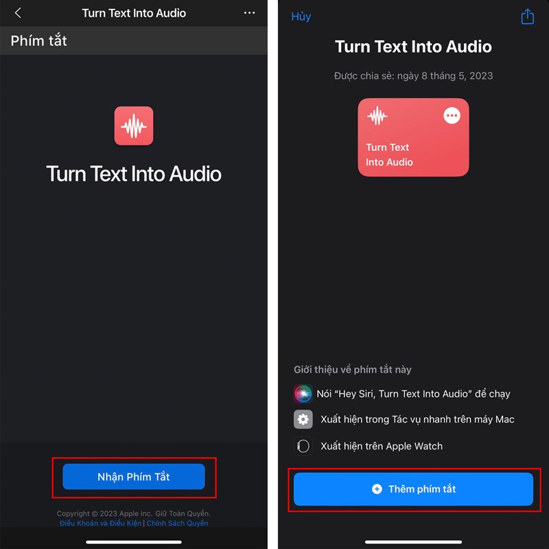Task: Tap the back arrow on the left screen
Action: click(x=18, y=13)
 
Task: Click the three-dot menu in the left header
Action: click(x=249, y=13)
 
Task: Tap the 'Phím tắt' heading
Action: click(x=39, y=40)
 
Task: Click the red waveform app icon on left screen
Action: click(x=134, y=126)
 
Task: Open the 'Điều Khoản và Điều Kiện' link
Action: click(x=100, y=523)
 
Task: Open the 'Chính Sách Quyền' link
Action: click(x=177, y=523)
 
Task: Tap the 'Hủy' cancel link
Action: click(x=301, y=16)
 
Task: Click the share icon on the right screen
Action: click(x=527, y=16)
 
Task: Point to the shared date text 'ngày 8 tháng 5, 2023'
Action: click(x=445, y=76)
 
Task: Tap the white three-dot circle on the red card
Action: click(x=452, y=115)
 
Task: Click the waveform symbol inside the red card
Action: click(x=377, y=115)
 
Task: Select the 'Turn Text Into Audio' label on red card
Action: click(x=389, y=155)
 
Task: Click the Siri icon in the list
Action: click(x=303, y=394)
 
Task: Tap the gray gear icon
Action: click(x=303, y=419)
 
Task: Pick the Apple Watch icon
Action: click(x=303, y=446)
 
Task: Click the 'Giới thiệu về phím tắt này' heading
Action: click(x=353, y=370)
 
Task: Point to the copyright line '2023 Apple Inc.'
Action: click(x=126, y=513)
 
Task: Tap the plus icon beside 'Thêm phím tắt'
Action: click(x=377, y=489)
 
